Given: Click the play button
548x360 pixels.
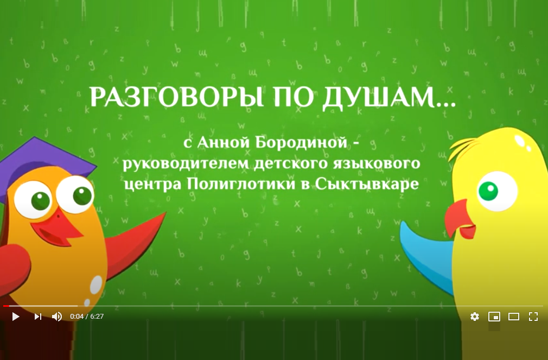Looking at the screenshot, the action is click(16, 317).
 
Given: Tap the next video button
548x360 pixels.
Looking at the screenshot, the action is click(38, 317).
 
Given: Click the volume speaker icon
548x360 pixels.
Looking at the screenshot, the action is click(57, 317).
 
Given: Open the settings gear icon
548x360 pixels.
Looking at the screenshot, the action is click(475, 317).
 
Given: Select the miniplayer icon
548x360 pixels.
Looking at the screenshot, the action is click(494, 317).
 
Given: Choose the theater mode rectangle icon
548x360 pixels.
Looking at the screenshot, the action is click(514, 317).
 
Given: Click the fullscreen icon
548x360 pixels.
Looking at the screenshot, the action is click(533, 317).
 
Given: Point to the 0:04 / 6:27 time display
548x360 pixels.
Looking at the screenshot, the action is click(87, 317).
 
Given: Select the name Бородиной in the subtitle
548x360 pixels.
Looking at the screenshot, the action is click(302, 142).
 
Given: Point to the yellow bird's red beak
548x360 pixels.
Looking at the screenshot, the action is click(458, 219).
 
